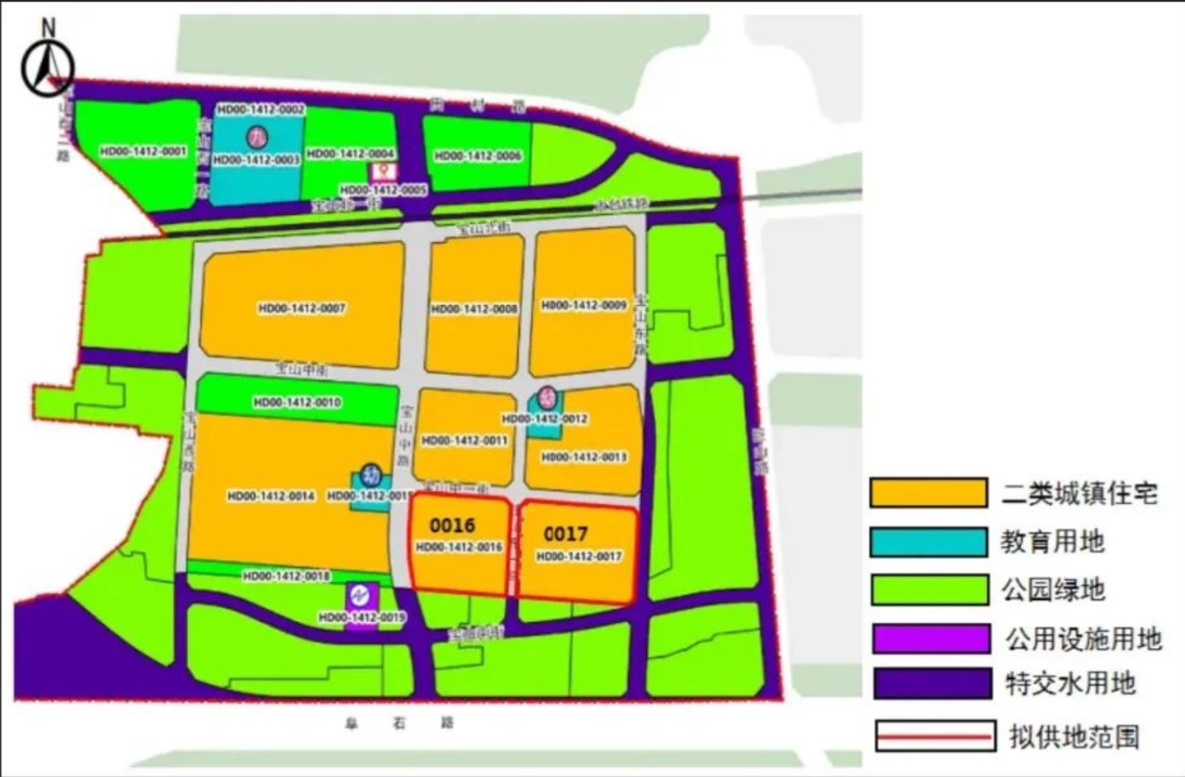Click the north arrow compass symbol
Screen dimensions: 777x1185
tap(48, 66)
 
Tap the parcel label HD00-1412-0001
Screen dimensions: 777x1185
tap(143, 151)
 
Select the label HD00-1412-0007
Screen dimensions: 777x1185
tap(302, 308)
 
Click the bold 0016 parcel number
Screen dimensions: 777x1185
tap(452, 525)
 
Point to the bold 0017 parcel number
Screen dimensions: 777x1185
tap(566, 533)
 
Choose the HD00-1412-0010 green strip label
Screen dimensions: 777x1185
tap(297, 403)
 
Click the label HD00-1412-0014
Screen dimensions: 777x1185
tap(272, 496)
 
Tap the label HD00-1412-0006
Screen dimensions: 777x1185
tap(478, 156)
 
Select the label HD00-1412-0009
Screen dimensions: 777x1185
tap(584, 305)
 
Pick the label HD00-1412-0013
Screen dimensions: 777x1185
tap(584, 457)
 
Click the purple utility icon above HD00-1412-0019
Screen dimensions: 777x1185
tap(362, 595)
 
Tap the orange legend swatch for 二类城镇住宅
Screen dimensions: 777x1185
tap(928, 493)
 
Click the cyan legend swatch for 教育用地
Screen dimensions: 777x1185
tap(928, 542)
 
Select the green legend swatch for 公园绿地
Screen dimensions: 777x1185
tap(929, 590)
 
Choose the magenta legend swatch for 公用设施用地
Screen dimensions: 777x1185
tap(931, 639)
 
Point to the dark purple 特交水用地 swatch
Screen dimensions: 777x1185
tap(932, 683)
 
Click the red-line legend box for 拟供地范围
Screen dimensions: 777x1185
tap(935, 736)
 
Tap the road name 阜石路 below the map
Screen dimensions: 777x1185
tap(399, 723)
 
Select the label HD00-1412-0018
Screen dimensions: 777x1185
tap(286, 576)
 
